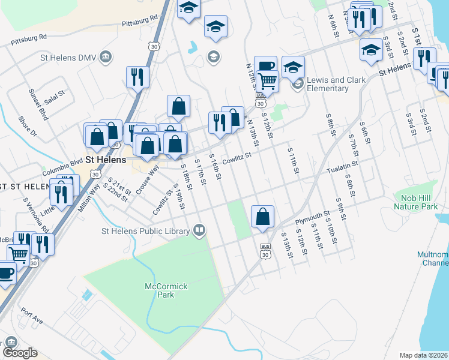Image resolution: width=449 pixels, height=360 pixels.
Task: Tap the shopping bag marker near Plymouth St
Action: [262, 217]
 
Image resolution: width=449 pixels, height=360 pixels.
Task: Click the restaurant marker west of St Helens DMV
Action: [137, 78]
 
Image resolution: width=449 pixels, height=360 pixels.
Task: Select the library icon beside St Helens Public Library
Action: [199, 230]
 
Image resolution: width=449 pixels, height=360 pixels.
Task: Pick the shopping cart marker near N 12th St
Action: [267, 81]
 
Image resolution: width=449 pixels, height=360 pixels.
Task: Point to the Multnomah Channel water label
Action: [433, 259]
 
